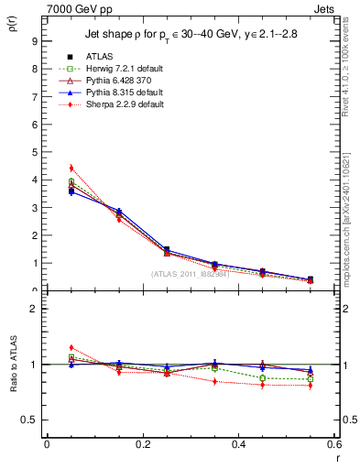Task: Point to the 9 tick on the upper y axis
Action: [34, 41]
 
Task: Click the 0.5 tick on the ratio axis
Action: [31, 420]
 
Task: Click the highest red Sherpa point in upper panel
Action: [71, 169]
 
